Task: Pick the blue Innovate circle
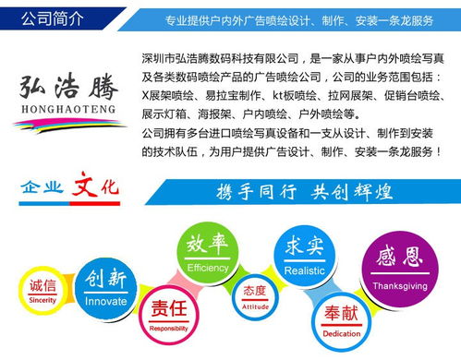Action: [x=105, y=284]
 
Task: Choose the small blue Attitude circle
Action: [x=255, y=296]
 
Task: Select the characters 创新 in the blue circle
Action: [x=105, y=279]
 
